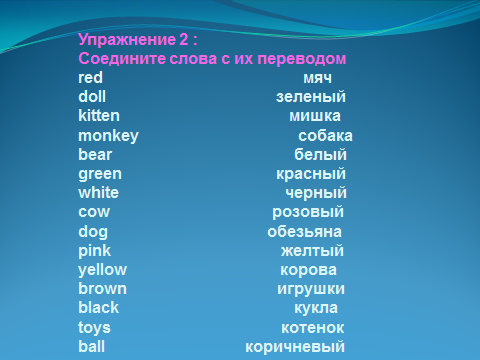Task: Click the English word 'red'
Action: (90, 78)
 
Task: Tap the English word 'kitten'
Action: (99, 116)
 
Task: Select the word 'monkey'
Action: (108, 136)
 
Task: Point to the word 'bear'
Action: (95, 154)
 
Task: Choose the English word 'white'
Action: (99, 193)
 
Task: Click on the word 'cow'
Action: (94, 212)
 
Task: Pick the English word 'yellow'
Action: (103, 270)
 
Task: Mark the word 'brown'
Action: (103, 289)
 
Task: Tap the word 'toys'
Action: (94, 328)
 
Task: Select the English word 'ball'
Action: (92, 346)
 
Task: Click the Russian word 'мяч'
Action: (317, 79)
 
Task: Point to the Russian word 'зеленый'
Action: (311, 97)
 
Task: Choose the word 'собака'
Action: (325, 136)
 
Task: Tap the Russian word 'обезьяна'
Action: (304, 232)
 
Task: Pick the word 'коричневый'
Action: (295, 347)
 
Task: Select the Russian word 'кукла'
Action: (316, 309)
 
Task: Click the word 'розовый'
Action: (308, 213)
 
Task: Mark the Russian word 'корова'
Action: (308, 270)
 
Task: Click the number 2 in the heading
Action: (184, 39)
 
